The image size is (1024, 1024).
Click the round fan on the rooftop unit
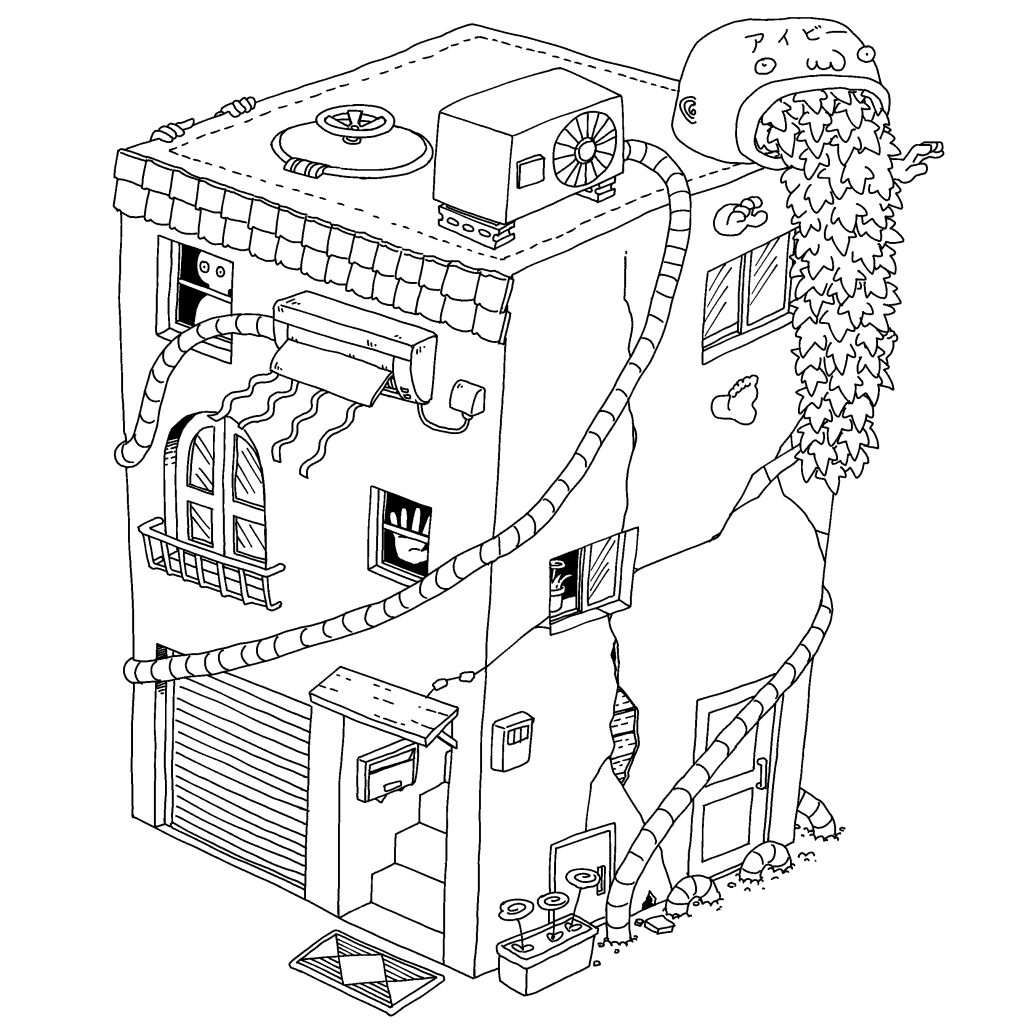(x=584, y=151)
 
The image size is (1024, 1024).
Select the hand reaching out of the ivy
(x=922, y=157)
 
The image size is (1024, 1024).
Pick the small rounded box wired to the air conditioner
(x=468, y=396)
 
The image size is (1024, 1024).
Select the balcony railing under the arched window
(x=209, y=564)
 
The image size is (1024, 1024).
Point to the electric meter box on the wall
(x=513, y=740)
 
